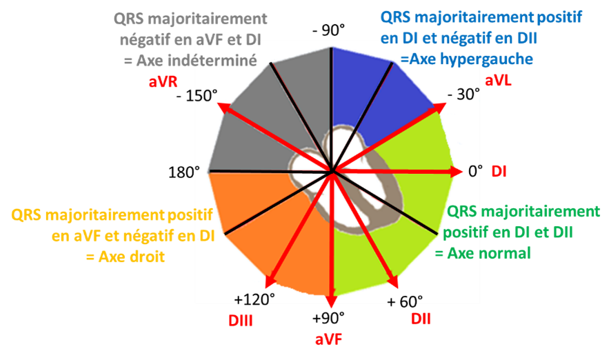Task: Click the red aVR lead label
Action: (163, 82)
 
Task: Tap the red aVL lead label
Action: (498, 80)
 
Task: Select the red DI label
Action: (499, 172)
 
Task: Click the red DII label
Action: (421, 319)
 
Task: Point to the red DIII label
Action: (241, 321)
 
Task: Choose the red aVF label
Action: (328, 339)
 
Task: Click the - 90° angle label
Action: (329, 30)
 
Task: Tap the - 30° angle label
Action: (463, 94)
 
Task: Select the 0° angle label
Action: (475, 171)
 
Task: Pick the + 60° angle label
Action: (405, 301)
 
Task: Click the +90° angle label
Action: (328, 319)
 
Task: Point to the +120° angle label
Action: (254, 299)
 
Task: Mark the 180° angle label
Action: (184, 172)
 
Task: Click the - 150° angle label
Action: (197, 95)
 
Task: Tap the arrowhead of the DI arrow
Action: (457, 172)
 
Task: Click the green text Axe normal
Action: (489, 253)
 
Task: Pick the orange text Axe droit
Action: (132, 257)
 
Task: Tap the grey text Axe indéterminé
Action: (197, 61)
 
